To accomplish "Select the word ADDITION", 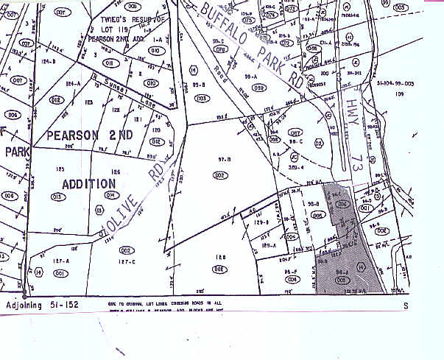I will click(89, 183).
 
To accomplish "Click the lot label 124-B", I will click(49, 61).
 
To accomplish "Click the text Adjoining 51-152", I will click(41, 304).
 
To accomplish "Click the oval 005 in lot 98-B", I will click(319, 216).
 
